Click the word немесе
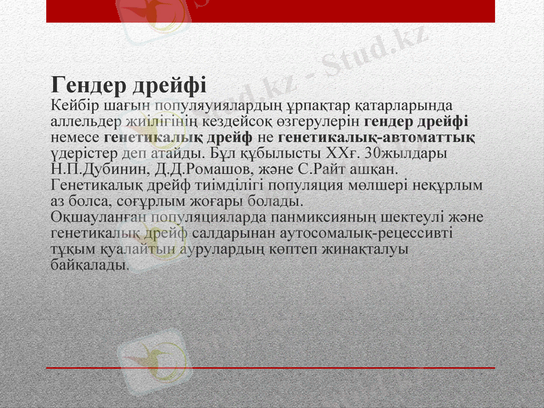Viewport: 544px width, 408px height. tap(75, 137)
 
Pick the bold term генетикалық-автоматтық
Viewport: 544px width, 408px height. tap(376, 137)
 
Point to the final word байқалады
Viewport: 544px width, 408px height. tap(88, 265)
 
